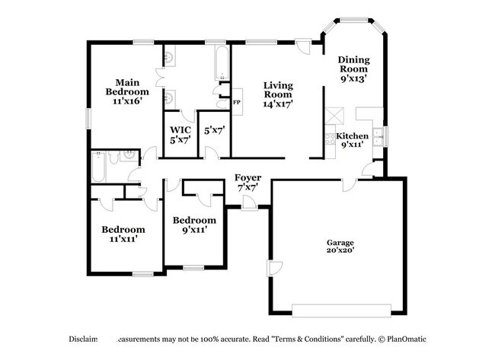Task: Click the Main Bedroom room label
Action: coord(126,92)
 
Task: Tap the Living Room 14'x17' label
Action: coord(278,94)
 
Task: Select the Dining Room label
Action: coord(354,68)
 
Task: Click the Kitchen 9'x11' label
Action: coord(352,139)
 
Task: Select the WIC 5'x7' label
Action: coord(180,135)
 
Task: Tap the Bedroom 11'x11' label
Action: coord(123,234)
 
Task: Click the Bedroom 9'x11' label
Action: coord(190,225)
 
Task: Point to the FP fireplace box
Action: coord(237,102)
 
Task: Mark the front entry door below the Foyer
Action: coord(248,202)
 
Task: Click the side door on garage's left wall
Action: coord(272,270)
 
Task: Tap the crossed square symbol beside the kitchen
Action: coord(334,115)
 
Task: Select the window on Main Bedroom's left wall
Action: coord(88,118)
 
